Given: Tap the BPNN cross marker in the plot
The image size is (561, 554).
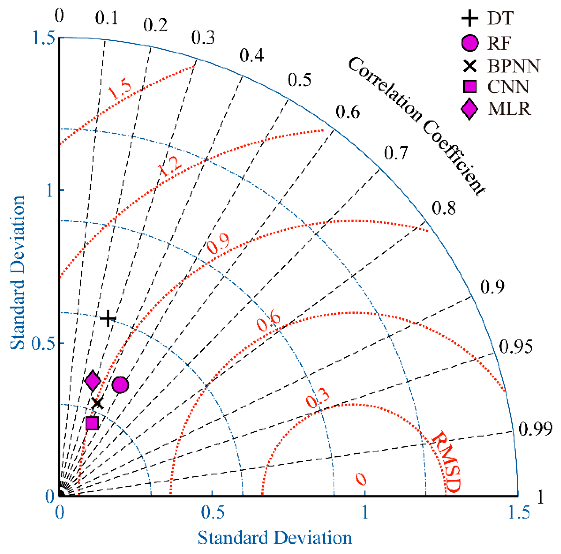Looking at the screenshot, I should (97, 403).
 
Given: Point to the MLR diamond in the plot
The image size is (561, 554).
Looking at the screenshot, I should (93, 380).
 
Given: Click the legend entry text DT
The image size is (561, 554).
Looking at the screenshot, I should (500, 18).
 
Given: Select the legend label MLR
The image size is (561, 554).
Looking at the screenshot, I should (509, 109).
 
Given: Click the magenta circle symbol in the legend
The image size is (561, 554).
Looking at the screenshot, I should (470, 43).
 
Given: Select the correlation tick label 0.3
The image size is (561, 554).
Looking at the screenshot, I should (203, 38).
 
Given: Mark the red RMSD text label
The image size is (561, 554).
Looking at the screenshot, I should (446, 462).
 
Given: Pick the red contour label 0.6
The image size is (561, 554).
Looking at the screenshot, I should (268, 322).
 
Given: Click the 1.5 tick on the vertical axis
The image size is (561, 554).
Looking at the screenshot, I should (44, 38).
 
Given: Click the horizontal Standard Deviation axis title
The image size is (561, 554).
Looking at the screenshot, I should (275, 538).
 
